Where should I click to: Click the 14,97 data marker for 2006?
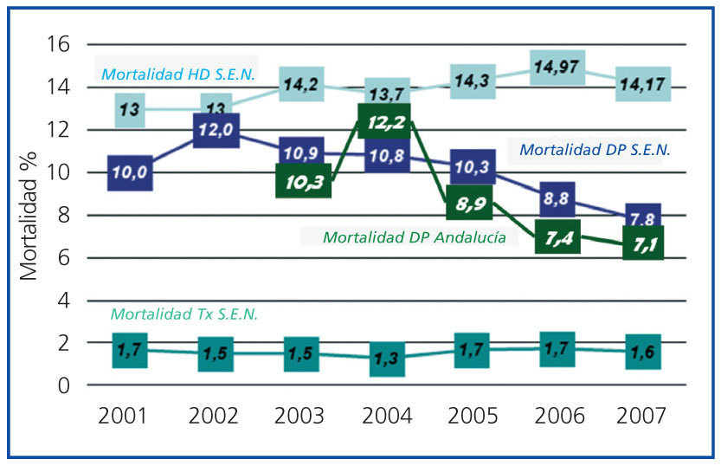click(x=557, y=67)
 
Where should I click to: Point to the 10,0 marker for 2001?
click(x=130, y=173)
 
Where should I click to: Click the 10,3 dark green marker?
click(x=300, y=181)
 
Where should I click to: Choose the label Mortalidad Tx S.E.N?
click(x=184, y=314)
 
